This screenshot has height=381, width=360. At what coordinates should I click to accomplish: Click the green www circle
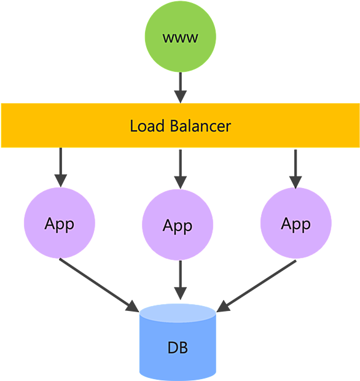click(x=180, y=36)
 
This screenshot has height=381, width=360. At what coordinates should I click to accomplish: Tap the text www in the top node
click(x=180, y=38)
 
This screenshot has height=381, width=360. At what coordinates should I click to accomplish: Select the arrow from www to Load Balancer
click(x=180, y=88)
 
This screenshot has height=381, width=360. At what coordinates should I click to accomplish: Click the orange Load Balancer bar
click(x=180, y=125)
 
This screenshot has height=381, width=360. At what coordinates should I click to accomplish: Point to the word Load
click(x=147, y=126)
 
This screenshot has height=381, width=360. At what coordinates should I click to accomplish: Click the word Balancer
click(x=200, y=126)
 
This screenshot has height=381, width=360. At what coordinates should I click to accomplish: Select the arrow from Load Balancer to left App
click(x=60, y=167)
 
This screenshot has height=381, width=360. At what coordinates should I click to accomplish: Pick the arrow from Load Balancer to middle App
click(x=180, y=169)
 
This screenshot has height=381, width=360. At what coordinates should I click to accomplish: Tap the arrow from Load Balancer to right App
click(x=295, y=169)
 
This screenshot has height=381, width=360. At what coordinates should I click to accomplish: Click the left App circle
click(x=59, y=223)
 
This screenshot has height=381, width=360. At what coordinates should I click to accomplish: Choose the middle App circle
click(x=178, y=225)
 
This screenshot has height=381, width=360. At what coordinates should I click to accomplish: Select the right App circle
click(x=296, y=223)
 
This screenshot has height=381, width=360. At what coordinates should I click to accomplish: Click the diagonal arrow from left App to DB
click(x=99, y=285)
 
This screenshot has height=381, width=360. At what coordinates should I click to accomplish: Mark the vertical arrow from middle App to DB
click(x=180, y=280)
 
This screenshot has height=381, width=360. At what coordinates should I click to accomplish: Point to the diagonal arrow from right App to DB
click(x=256, y=286)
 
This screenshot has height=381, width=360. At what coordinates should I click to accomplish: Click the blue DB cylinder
click(x=178, y=342)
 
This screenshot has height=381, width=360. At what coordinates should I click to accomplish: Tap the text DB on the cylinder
click(x=178, y=348)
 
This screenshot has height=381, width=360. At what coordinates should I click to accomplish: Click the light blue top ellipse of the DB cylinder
click(x=178, y=313)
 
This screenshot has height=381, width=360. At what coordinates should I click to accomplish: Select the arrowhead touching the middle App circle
click(x=180, y=183)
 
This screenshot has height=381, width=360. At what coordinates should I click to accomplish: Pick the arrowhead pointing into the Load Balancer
click(x=180, y=97)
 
